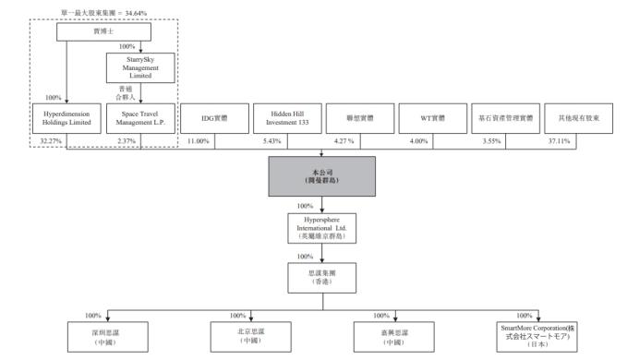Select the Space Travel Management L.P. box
coord(141,118)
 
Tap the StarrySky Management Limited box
coord(141,66)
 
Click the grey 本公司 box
coord(322,175)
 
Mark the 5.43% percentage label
coord(271,139)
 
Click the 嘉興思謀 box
coord(393,335)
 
